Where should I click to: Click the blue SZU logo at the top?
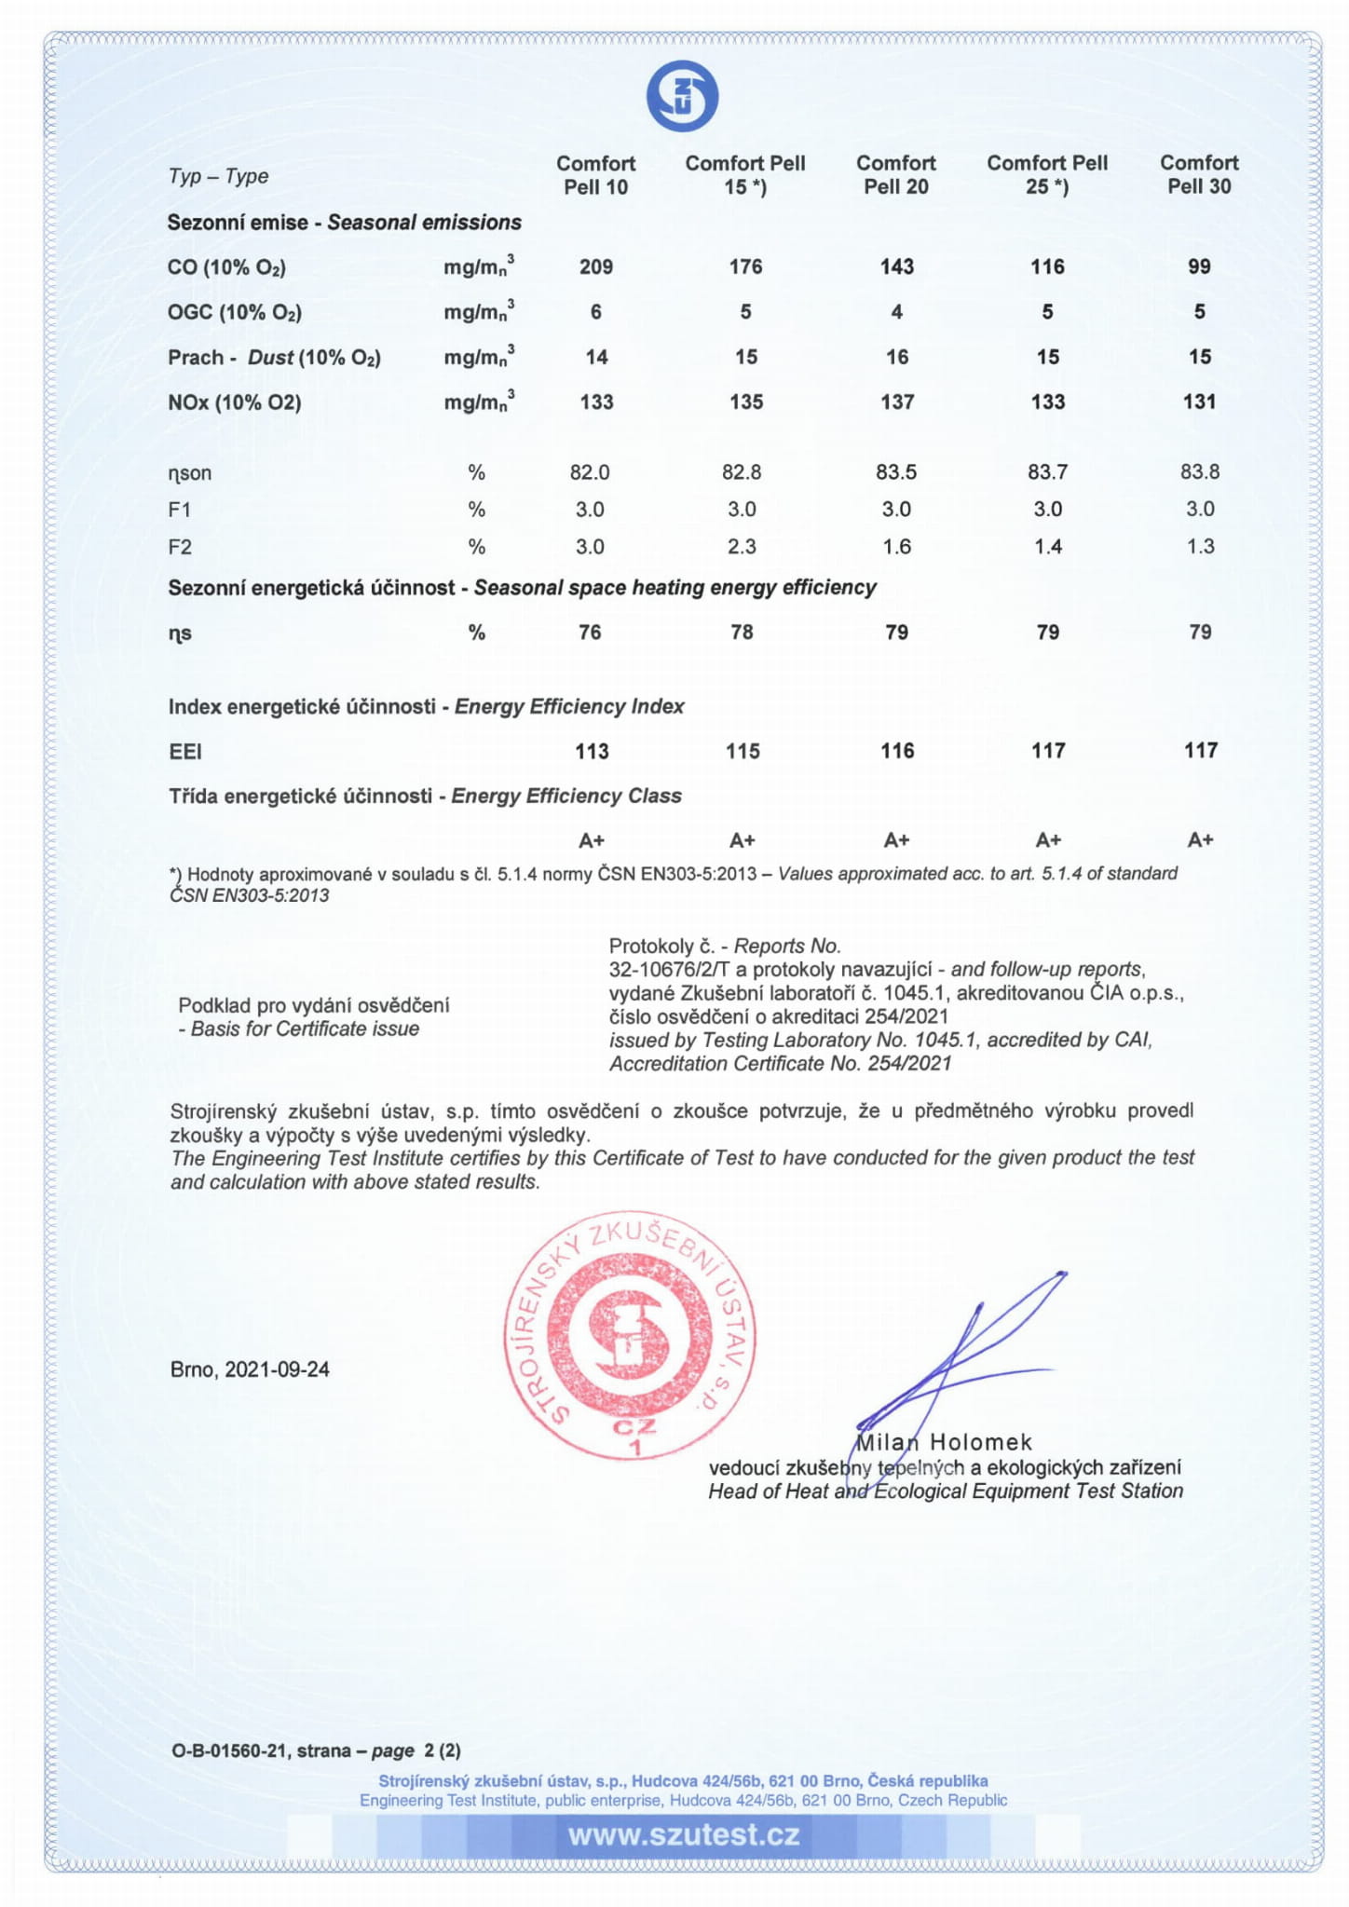(x=682, y=96)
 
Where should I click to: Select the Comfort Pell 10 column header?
(x=595, y=175)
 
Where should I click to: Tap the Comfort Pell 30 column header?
(x=1199, y=175)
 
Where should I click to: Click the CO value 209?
(x=596, y=267)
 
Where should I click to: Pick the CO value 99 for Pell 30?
(x=1199, y=267)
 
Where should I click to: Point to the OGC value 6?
(x=596, y=312)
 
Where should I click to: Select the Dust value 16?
(x=896, y=357)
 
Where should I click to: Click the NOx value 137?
(x=896, y=402)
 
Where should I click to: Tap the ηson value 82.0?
(x=590, y=472)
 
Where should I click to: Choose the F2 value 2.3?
(x=742, y=547)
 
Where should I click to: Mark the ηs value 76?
(x=590, y=633)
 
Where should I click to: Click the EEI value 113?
(x=592, y=751)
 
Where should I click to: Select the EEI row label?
(x=185, y=752)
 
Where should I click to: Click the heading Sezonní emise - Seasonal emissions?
(x=344, y=223)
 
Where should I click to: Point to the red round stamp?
(x=630, y=1336)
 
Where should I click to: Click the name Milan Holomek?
(x=943, y=1442)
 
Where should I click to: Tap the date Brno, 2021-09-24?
(x=250, y=1369)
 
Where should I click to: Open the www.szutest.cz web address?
(x=684, y=1834)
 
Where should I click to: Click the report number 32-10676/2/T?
(x=669, y=970)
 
